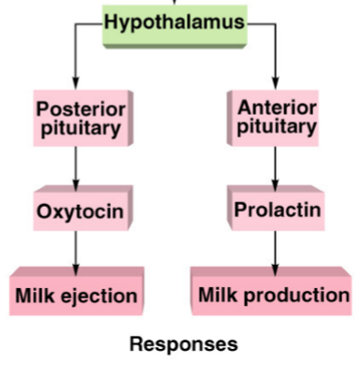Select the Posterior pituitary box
click(x=79, y=119)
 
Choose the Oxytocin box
click(x=79, y=211)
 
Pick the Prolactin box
click(x=276, y=210)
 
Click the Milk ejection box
click(x=76, y=295)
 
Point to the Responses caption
click(x=182, y=344)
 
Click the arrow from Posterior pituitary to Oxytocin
click(x=76, y=167)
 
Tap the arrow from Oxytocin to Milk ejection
click(x=76, y=250)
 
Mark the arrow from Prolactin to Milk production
click(x=275, y=249)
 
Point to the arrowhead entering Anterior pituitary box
click(x=275, y=81)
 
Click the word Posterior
click(x=79, y=109)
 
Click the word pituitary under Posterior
click(x=79, y=129)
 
